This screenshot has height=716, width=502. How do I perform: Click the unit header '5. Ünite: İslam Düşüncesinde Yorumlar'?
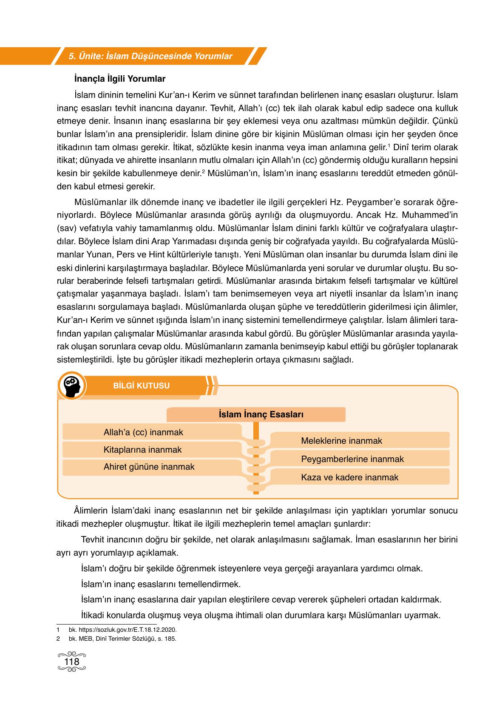(x=150, y=56)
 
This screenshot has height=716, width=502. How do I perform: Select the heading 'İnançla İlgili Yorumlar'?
(x=120, y=79)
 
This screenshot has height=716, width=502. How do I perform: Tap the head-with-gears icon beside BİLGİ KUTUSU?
(x=72, y=386)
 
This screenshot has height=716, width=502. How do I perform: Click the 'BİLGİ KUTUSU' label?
(x=142, y=386)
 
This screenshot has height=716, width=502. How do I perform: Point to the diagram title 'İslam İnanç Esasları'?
(x=261, y=414)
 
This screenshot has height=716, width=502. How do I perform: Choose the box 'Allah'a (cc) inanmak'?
(x=143, y=432)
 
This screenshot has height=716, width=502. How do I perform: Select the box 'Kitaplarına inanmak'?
(x=142, y=450)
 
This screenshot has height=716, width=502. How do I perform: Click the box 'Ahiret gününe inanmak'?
(x=149, y=467)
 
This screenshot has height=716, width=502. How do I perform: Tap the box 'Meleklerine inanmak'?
(x=341, y=441)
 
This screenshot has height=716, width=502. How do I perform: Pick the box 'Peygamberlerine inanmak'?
(x=352, y=459)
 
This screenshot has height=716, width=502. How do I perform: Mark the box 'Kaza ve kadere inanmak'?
(x=349, y=477)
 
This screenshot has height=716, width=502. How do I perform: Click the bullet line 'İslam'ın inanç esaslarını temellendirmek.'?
(x=160, y=584)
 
